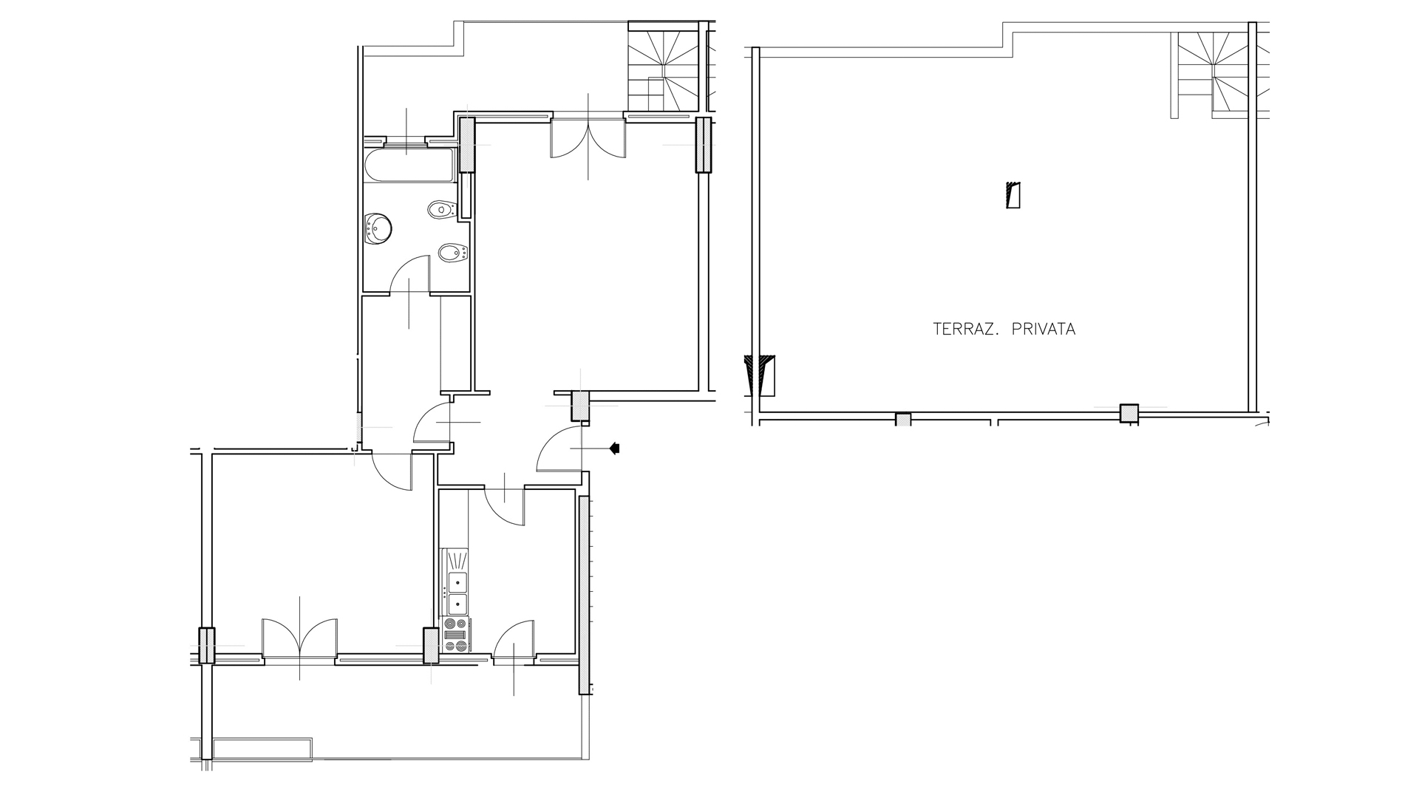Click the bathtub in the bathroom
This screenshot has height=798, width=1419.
[x=409, y=166]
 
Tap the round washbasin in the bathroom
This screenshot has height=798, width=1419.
[x=378, y=228]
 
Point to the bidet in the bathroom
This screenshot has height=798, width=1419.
[x=450, y=254]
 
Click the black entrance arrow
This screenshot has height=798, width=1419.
[x=613, y=448]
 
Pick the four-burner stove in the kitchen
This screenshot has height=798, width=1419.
[x=455, y=639]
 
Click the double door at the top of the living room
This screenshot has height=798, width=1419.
[x=588, y=140]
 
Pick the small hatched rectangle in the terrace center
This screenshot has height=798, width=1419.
[x=1013, y=196]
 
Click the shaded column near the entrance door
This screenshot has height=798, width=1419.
[x=580, y=406]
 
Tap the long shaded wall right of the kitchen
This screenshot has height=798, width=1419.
[x=584, y=595]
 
